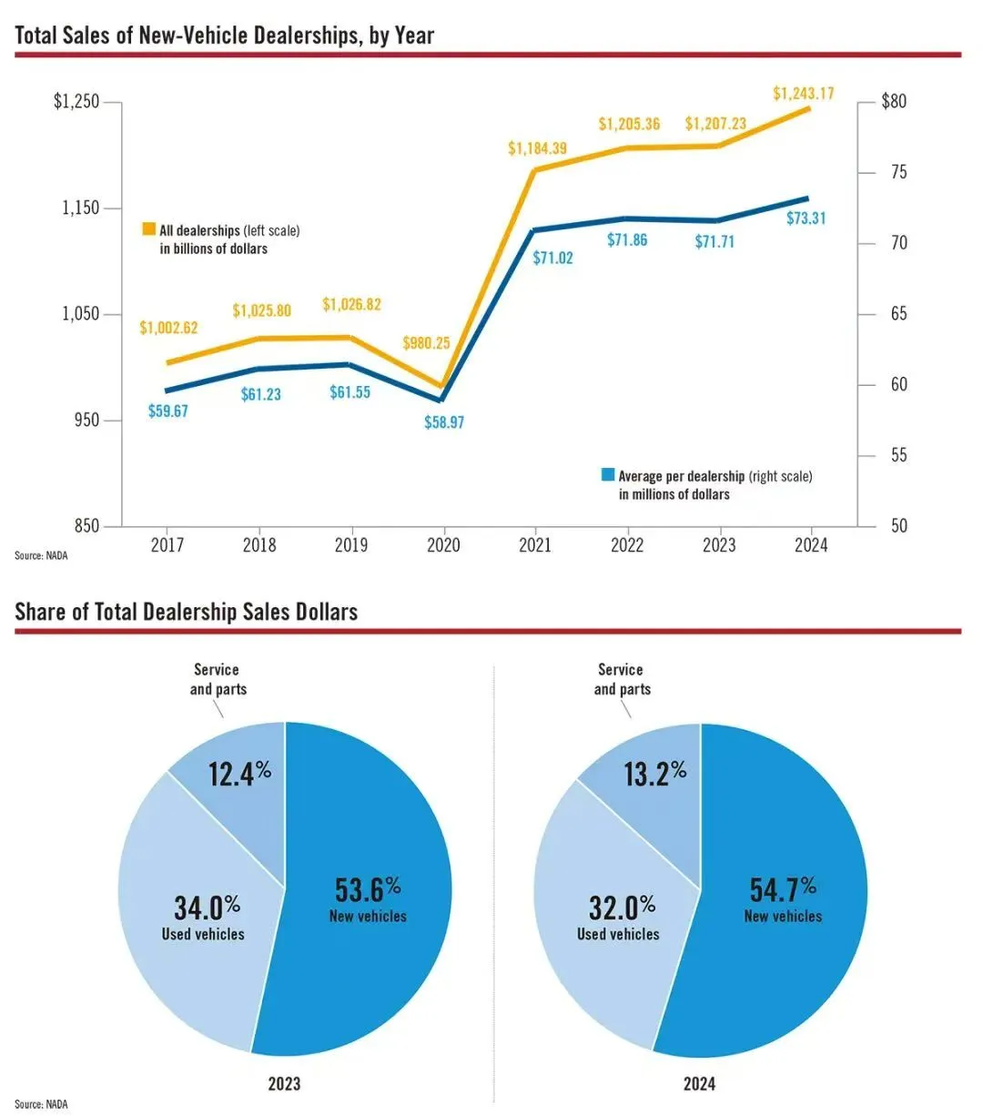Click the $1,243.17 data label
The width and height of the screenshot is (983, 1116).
(803, 93)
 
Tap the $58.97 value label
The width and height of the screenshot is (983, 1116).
(444, 422)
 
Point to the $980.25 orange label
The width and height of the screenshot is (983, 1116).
(426, 343)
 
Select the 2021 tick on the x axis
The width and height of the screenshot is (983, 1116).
(534, 545)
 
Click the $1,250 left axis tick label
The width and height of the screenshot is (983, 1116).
(76, 101)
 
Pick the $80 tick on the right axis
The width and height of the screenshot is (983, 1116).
(894, 101)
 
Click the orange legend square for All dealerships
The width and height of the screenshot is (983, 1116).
(148, 229)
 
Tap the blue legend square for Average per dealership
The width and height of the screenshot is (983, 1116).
(607, 475)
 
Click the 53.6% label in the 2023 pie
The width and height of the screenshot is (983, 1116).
(368, 891)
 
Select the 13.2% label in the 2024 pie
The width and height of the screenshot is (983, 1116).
(654, 774)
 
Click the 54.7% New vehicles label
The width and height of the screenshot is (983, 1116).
(783, 899)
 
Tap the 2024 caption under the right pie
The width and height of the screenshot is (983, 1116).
(699, 1084)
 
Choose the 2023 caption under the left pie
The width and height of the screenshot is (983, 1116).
(284, 1084)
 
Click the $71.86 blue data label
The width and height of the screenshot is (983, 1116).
(627, 239)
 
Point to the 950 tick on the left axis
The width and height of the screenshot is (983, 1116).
(87, 421)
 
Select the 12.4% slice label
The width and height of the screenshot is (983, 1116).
(239, 774)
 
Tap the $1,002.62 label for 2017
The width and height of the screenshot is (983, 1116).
(168, 328)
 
